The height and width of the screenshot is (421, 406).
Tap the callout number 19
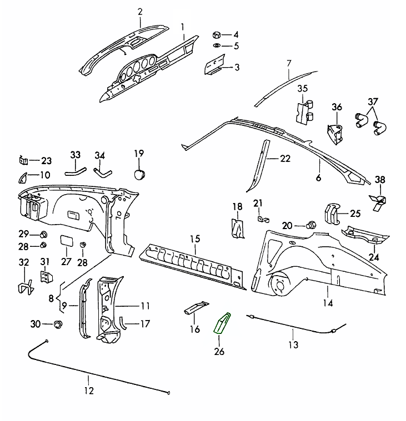click(139, 153)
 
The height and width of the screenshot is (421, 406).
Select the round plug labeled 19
click(139, 174)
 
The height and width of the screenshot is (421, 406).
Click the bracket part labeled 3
click(213, 66)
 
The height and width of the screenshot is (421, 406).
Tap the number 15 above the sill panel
click(194, 239)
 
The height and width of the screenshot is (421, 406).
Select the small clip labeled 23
click(23, 161)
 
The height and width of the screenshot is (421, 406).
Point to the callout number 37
click(373, 102)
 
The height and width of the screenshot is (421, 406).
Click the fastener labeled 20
click(312, 225)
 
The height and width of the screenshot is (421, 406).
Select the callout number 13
click(293, 345)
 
